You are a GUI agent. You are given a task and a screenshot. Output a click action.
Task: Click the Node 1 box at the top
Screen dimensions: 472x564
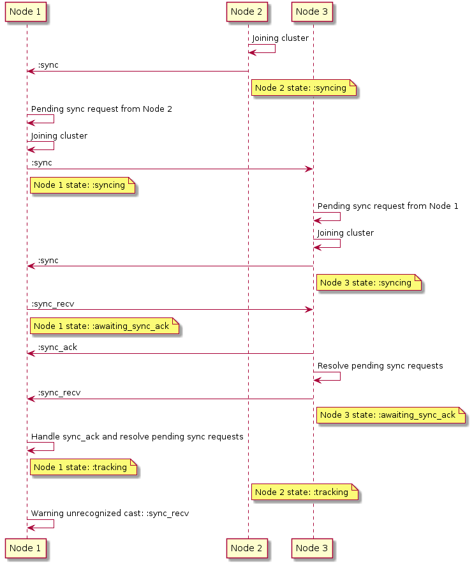coord(26,12)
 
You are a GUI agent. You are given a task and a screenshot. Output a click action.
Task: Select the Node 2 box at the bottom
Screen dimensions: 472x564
coord(247,548)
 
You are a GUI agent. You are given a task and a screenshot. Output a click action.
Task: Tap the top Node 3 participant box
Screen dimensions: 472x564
coord(312,12)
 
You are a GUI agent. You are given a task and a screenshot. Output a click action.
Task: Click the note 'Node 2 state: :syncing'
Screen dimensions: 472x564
coord(304,88)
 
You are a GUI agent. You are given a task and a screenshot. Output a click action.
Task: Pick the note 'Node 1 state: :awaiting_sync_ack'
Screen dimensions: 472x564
coord(105,326)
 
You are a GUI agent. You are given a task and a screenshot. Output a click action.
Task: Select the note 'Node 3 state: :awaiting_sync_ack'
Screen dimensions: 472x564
coord(391,415)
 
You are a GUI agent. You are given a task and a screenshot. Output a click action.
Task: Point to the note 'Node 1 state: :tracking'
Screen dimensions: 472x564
coord(84,467)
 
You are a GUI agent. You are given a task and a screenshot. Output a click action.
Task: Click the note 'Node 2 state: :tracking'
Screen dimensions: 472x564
coord(305,492)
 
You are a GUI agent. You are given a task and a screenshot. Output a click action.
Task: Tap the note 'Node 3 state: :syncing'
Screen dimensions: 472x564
coord(369,282)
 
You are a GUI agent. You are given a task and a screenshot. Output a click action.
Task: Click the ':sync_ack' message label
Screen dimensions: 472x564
coord(57,347)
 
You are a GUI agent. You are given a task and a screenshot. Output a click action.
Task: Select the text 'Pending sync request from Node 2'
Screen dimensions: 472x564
coord(101,109)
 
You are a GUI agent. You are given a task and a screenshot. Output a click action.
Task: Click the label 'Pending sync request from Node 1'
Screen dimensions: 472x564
coord(388,206)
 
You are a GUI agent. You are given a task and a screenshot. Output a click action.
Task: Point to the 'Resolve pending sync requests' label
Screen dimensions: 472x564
coord(380,366)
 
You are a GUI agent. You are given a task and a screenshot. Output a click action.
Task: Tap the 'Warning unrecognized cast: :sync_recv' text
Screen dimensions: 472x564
coord(110,514)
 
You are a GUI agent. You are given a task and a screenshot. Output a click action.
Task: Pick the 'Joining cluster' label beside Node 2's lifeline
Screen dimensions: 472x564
coord(280,38)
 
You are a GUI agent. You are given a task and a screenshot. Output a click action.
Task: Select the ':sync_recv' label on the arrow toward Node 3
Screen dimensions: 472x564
coord(53,304)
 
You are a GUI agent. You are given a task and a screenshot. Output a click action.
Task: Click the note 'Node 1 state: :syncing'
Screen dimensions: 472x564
coord(83,185)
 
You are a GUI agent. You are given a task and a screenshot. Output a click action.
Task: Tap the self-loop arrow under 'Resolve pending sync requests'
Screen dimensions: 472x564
coord(340,376)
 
